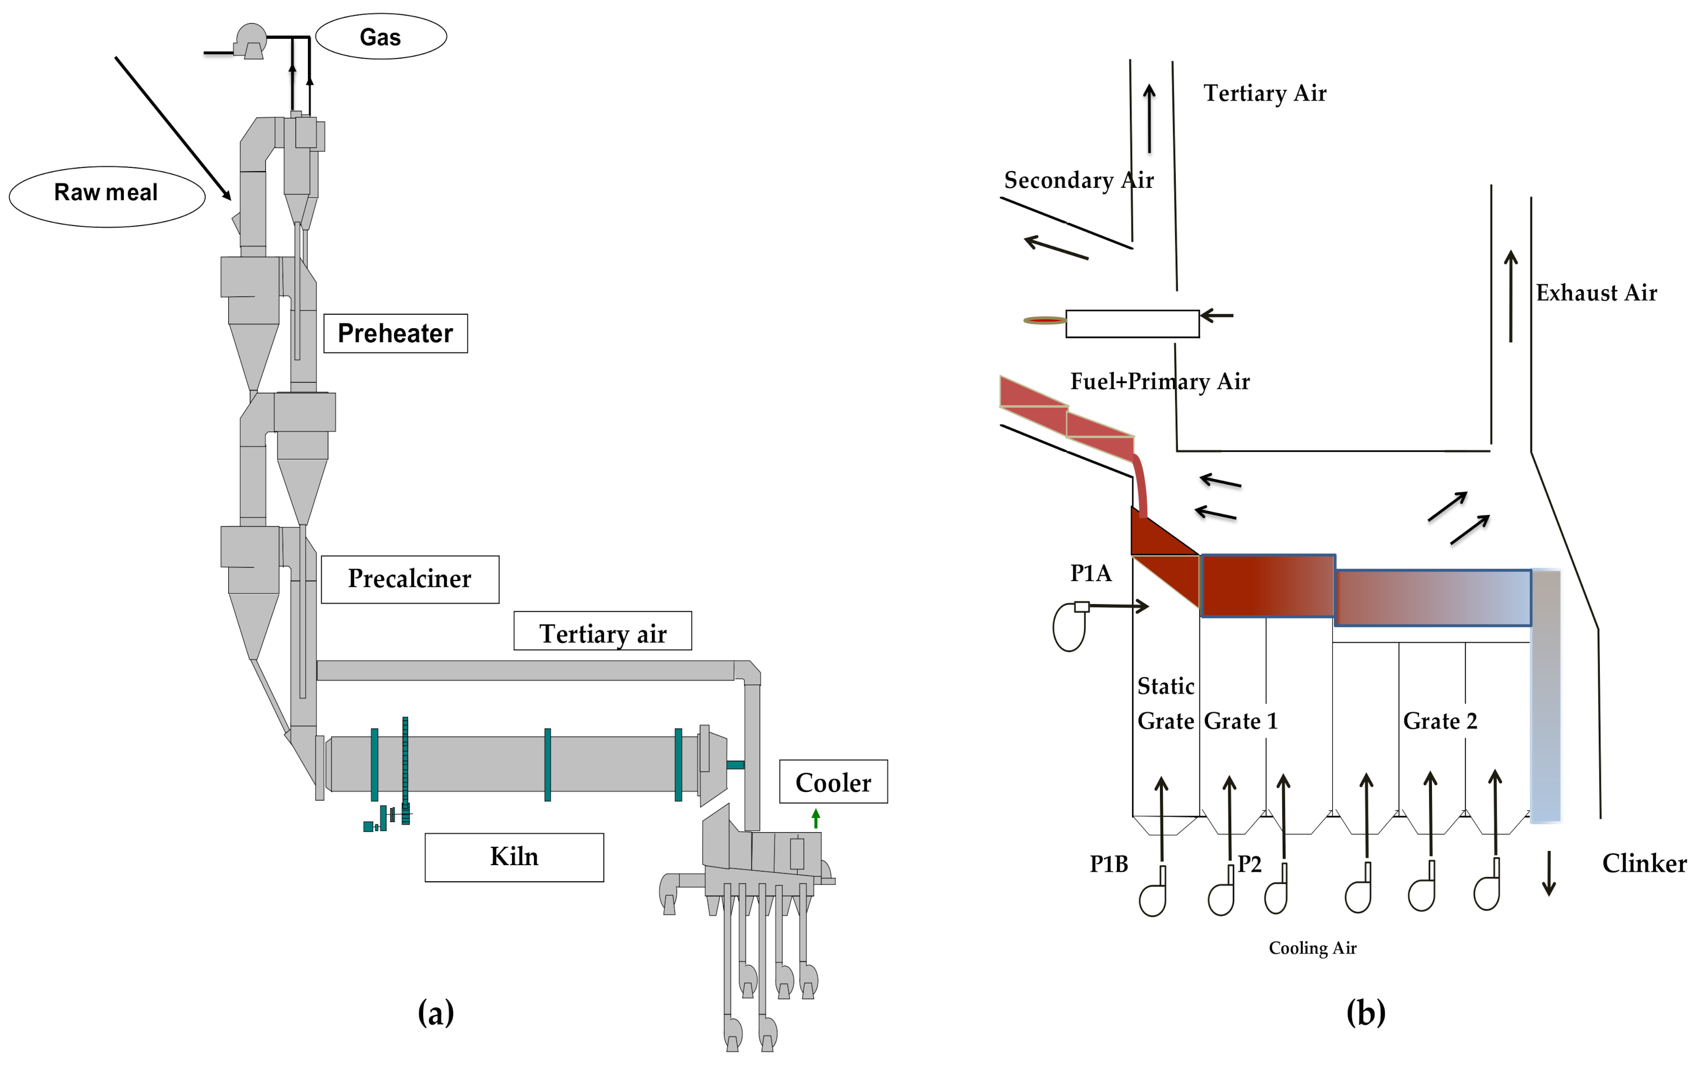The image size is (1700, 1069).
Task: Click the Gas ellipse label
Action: pyautogui.click(x=381, y=37)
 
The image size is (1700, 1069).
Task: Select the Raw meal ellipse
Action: pyautogui.click(x=107, y=196)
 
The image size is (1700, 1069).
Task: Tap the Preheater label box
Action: pyautogui.click(x=395, y=333)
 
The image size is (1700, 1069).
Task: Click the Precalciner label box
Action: pyautogui.click(x=410, y=578)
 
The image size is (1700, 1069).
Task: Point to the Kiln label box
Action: pyautogui.click(x=514, y=856)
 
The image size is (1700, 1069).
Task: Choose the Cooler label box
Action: pyautogui.click(x=833, y=782)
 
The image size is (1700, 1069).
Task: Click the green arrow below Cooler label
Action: pyautogui.click(x=816, y=818)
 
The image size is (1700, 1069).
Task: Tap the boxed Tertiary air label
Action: pyautogui.click(x=602, y=632)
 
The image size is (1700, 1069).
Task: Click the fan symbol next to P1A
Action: pyautogui.click(x=1069, y=626)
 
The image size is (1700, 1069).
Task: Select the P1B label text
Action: pyautogui.click(x=1108, y=863)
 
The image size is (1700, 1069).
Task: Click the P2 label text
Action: pyautogui.click(x=1249, y=863)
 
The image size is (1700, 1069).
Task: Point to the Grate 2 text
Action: pyautogui.click(x=1439, y=721)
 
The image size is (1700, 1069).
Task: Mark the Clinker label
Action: pyautogui.click(x=1643, y=863)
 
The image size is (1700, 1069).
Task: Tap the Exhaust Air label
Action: pyautogui.click(x=1596, y=293)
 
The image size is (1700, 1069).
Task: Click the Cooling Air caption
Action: pyautogui.click(x=1312, y=947)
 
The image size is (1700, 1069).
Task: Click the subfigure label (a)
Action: pyautogui.click(x=435, y=1012)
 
